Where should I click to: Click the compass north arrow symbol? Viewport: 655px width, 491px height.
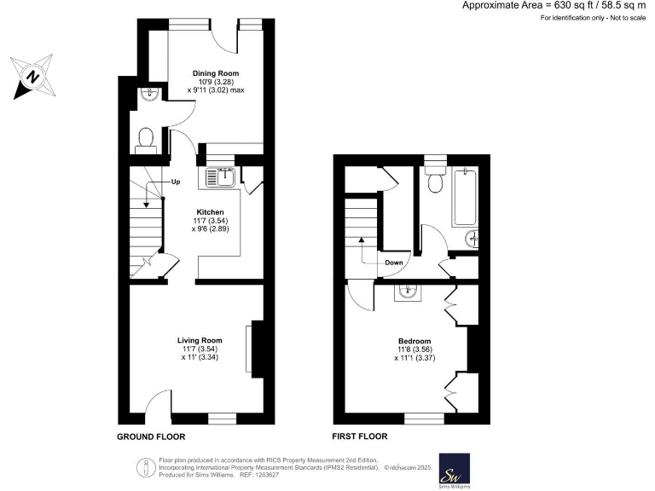(x=30, y=76)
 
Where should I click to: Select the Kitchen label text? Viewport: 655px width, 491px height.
(x=210, y=211)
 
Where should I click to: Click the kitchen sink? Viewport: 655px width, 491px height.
(x=220, y=177)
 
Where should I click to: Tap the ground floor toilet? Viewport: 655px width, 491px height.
(x=145, y=138)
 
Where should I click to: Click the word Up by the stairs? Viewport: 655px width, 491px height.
(x=176, y=182)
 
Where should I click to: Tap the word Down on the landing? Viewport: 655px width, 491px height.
(x=393, y=263)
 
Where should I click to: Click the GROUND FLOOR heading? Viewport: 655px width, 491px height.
(x=151, y=436)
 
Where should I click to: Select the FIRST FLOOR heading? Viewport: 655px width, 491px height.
(x=360, y=436)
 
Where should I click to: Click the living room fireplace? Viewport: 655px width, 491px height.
(x=250, y=347)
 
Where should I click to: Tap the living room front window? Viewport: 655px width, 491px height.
(x=222, y=418)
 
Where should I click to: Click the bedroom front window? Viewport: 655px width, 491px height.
(x=424, y=418)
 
